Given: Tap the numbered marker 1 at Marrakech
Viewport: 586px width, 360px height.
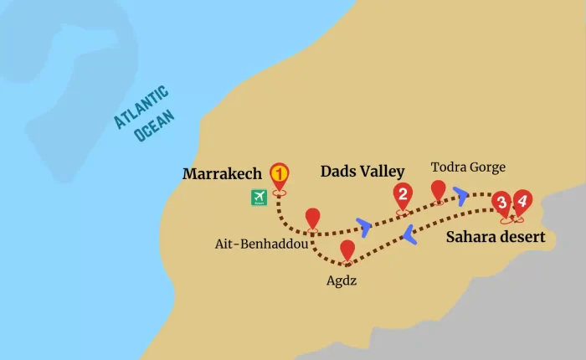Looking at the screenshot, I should pos(279,174).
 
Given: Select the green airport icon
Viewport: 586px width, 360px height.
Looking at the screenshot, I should pos(259,197).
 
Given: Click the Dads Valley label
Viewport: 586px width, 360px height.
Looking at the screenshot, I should pos(362,171).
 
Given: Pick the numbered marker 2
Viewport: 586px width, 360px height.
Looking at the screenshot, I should pos(403,196).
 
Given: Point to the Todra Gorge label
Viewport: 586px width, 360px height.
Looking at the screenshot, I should pos(468,167).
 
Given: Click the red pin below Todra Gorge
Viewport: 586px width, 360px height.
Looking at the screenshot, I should pos(438,190).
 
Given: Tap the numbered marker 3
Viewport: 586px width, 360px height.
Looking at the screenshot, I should pos(501,203).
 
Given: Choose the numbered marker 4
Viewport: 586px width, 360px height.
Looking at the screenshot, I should pos(522,201).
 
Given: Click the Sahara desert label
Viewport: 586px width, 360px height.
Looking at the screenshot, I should pos(495,237).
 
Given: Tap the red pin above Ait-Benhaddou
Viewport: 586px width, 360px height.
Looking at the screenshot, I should pos(312,218).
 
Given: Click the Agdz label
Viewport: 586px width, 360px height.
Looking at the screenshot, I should pos(342,280).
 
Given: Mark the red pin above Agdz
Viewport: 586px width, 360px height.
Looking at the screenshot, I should pos(347,249).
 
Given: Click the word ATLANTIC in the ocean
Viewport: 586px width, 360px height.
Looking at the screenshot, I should pos(141,107).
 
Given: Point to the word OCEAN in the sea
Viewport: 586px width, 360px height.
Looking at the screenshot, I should pos(154,126).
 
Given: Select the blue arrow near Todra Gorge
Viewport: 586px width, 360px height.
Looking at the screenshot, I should pos(461,196).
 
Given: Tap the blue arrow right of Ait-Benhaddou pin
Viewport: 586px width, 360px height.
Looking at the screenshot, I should pos(363,225).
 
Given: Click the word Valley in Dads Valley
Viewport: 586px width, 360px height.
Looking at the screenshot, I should pos(381,171).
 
